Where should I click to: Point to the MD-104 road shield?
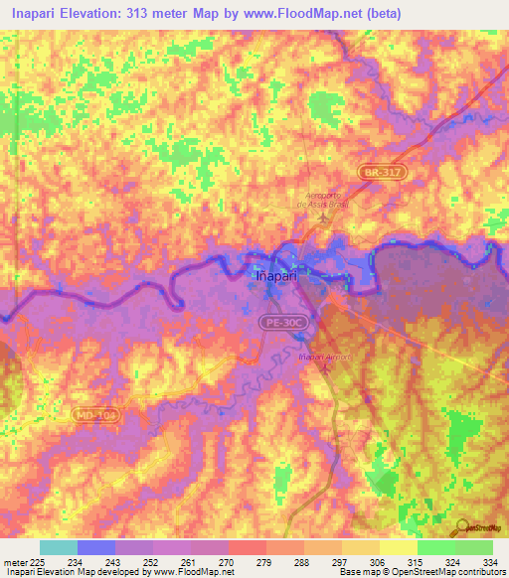coord(93,413)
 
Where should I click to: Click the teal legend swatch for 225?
coord(59,547)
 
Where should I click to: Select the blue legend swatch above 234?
coord(96,547)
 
